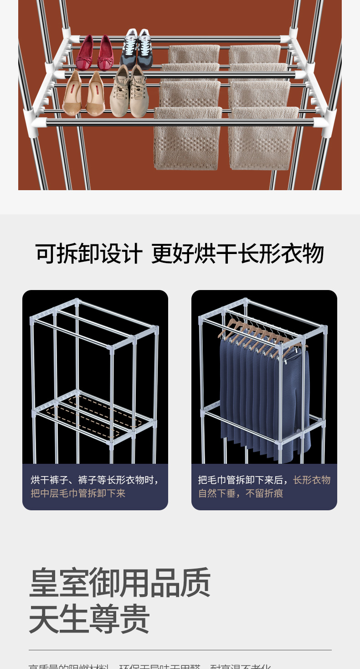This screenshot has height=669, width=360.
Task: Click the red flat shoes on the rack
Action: click(95, 54)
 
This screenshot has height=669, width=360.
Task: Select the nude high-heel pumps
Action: click(83, 93)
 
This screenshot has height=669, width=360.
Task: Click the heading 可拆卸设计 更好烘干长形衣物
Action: click(180, 254)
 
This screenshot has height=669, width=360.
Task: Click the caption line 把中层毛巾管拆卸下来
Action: click(78, 493)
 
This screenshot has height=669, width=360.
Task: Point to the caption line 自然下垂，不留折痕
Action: click(241, 493)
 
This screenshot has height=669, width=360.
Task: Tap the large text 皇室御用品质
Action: click(120, 582)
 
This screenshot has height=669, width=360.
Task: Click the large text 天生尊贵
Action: click(89, 619)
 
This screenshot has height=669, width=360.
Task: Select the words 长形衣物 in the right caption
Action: click(312, 480)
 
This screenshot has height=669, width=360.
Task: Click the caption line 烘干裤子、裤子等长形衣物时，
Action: click(95, 480)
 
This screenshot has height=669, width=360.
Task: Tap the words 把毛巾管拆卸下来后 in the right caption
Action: click(243, 480)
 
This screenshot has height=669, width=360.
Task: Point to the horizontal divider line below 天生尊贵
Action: click(180, 650)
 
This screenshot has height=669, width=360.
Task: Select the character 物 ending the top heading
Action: click(313, 254)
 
